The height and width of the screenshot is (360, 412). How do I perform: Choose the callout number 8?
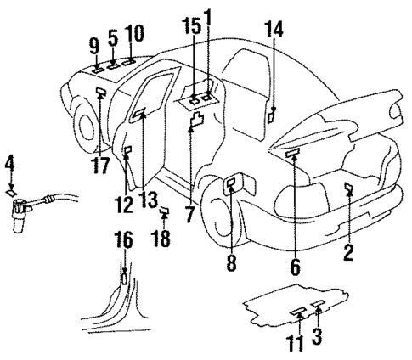(x=230, y=265)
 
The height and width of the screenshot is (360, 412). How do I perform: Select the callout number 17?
(x=101, y=161)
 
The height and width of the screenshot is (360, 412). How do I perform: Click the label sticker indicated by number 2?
(x=348, y=187)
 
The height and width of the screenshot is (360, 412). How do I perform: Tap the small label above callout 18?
(x=164, y=211)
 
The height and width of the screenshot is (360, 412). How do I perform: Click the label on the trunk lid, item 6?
(x=294, y=153)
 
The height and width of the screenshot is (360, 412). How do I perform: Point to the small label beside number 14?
(x=272, y=116)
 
